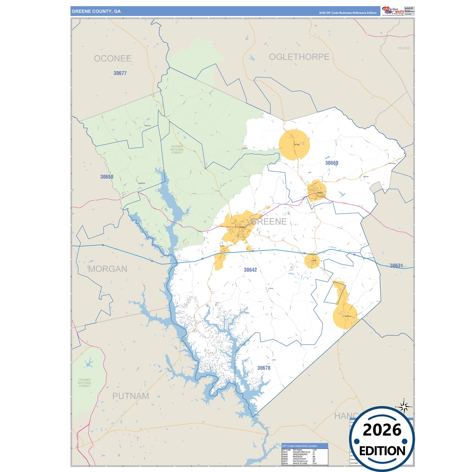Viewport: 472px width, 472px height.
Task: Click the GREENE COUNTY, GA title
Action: click(96, 11)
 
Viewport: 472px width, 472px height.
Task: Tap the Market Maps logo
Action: click(393, 11)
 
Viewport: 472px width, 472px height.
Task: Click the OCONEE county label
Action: click(113, 58)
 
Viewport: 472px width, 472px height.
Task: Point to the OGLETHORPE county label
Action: click(299, 57)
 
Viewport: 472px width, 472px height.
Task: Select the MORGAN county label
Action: click(107, 269)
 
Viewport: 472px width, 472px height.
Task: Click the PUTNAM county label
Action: click(131, 396)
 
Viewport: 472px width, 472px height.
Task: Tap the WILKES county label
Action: click(403, 48)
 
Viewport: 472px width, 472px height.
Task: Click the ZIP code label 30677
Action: click(120, 73)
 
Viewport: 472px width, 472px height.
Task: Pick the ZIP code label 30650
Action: click(106, 177)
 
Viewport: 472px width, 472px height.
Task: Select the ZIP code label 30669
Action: click(332, 163)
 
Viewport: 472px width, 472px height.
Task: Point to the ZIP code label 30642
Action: click(250, 270)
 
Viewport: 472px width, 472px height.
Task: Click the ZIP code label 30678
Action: click(264, 368)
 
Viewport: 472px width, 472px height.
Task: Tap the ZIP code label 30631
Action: click(396, 266)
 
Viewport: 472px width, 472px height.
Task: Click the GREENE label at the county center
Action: click(269, 221)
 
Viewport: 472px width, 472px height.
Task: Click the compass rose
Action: click(404, 407)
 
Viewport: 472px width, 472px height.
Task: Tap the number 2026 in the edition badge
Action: click(382, 430)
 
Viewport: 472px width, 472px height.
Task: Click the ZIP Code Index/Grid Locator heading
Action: click(300, 446)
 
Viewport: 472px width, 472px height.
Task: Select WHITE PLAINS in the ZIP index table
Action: click(300, 464)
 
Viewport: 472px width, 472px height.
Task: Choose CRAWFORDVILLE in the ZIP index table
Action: click(301, 452)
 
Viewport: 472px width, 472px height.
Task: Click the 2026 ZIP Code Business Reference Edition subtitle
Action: click(348, 13)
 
